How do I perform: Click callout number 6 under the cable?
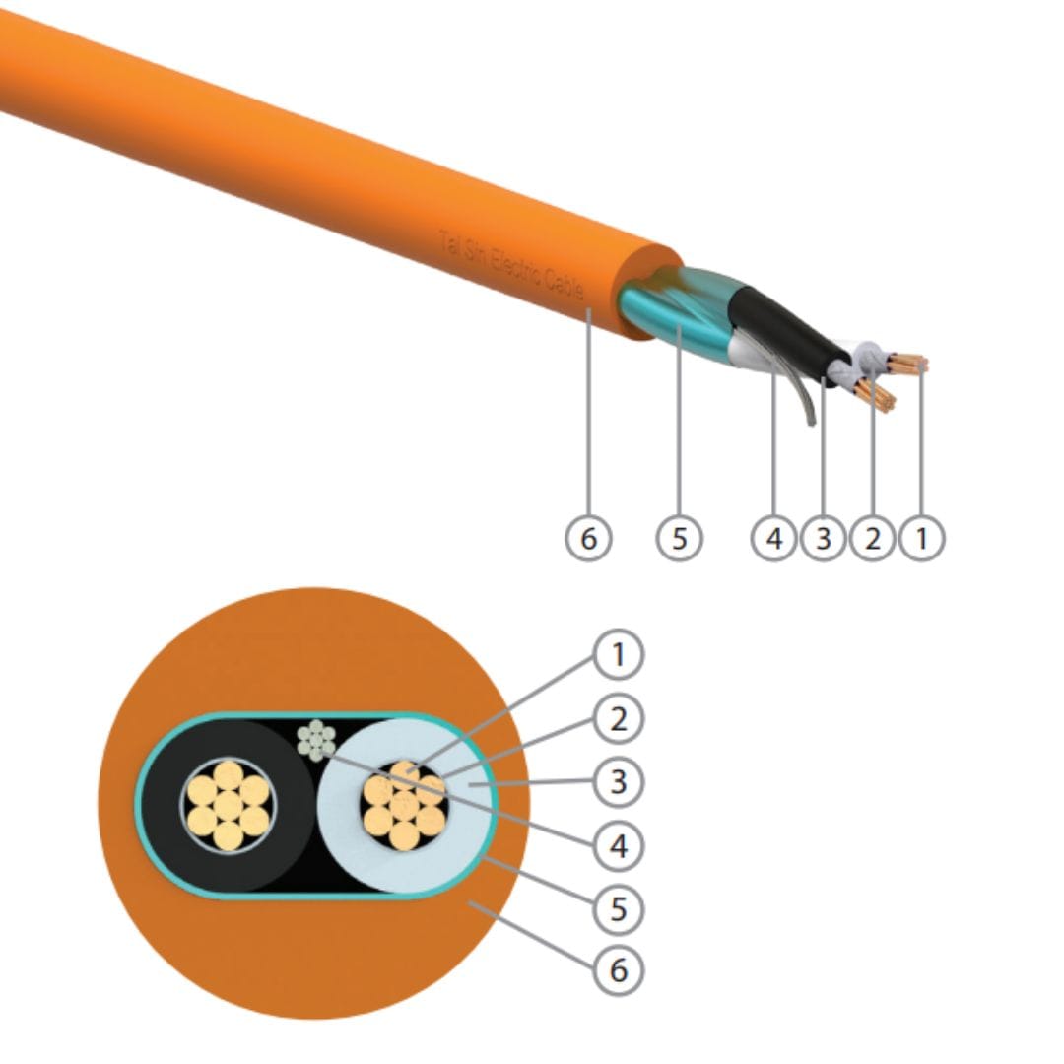(x=588, y=538)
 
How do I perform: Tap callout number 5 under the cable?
(x=679, y=538)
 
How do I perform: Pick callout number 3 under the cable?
(x=824, y=538)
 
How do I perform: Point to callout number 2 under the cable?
(x=872, y=538)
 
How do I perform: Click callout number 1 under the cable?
(x=921, y=538)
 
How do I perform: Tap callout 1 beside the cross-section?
(x=618, y=654)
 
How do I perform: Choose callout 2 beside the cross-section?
(x=618, y=718)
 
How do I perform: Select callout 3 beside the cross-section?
(x=618, y=781)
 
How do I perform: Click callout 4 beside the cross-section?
(x=618, y=844)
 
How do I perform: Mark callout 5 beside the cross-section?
(x=618, y=907)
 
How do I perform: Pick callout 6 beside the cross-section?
(x=618, y=969)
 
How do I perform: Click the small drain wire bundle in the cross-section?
(x=316, y=740)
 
